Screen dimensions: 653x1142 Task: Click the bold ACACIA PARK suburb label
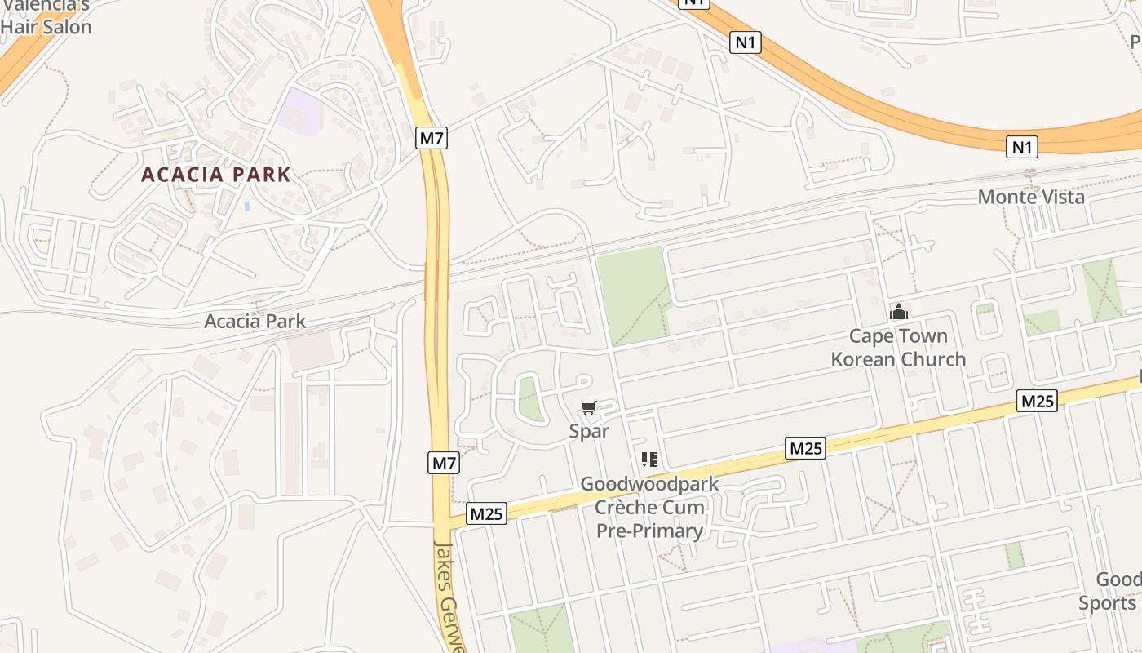(216, 175)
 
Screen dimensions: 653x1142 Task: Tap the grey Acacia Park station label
(255, 321)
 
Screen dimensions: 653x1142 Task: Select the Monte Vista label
(1031, 197)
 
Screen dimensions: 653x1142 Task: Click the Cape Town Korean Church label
(898, 348)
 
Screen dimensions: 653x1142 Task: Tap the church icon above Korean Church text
(899, 312)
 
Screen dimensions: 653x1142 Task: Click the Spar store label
(589, 431)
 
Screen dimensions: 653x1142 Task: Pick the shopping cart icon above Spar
(589, 407)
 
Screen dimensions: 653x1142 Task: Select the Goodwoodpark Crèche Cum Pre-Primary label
(649, 507)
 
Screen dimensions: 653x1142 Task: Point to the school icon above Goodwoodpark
(649, 460)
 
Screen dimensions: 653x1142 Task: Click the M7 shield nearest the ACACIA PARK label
(432, 138)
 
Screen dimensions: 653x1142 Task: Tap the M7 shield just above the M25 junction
(444, 464)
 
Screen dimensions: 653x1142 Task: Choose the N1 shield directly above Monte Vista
(1022, 147)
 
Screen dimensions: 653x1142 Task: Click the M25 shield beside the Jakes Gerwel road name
(487, 513)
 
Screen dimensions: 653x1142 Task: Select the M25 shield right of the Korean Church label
(1038, 401)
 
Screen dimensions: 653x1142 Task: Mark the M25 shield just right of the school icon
(806, 447)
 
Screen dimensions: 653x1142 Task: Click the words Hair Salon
(46, 26)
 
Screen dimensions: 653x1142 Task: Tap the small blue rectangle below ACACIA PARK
(246, 207)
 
